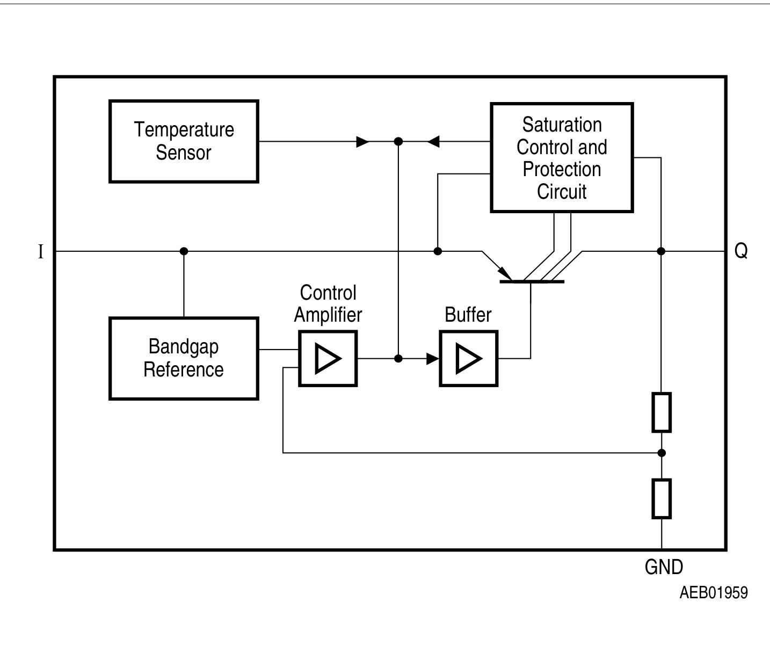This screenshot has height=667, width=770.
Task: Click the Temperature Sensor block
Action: coord(184,141)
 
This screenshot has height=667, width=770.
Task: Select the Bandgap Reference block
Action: coord(184,358)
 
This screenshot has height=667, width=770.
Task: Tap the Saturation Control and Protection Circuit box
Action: coord(562,158)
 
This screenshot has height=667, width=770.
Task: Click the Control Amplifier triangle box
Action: coord(328,359)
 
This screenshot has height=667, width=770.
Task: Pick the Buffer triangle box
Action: coord(469,359)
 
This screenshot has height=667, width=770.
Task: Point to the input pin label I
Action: coord(41,251)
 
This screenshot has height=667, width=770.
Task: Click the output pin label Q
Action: coord(741,251)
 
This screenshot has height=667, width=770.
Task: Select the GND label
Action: coord(664,567)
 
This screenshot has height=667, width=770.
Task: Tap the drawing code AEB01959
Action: coord(713,592)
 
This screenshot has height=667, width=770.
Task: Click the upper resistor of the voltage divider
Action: coord(662,412)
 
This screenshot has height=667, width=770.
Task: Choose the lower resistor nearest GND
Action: coord(662,499)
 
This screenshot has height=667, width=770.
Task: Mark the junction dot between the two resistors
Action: coord(662,453)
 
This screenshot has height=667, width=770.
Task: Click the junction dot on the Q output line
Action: coord(662,251)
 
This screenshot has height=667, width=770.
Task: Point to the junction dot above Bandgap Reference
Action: coord(184,251)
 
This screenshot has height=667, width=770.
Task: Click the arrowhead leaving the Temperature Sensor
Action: coord(363,142)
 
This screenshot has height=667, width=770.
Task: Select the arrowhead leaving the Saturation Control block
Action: coord(433,142)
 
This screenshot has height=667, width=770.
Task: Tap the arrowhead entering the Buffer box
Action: coord(433,359)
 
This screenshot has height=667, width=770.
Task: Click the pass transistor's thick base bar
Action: coord(532,281)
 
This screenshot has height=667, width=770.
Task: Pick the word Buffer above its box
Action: coord(468,315)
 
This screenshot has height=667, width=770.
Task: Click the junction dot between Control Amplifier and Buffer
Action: coord(398,359)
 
